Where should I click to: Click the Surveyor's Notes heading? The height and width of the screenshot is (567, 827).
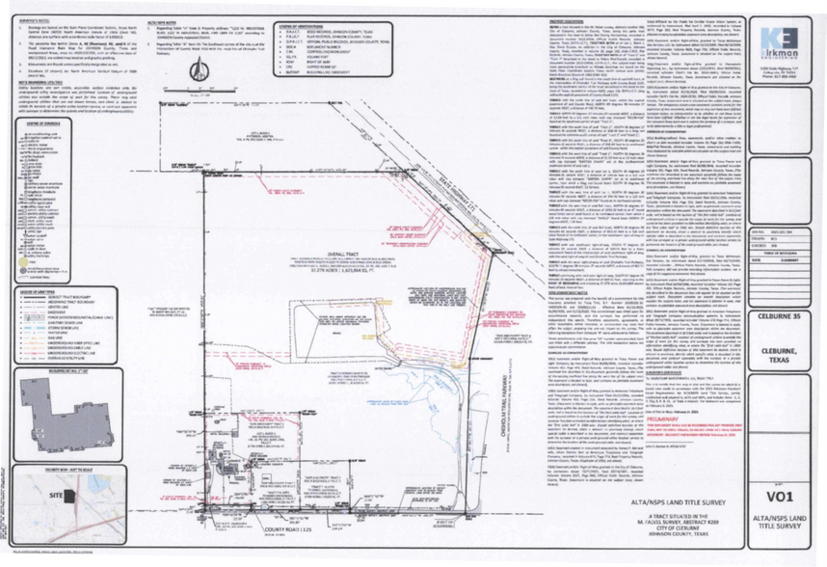[35, 18]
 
